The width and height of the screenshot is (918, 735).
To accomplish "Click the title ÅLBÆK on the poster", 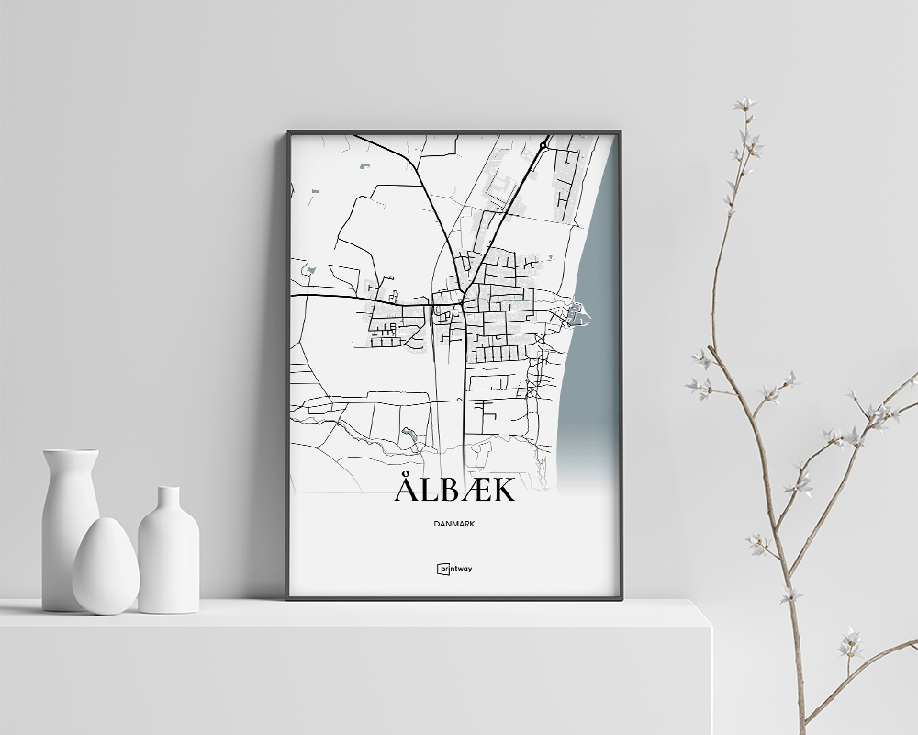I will click(454, 490).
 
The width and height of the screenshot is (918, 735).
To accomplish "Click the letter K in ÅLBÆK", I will click(502, 491).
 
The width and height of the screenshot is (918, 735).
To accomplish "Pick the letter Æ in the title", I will click(472, 491).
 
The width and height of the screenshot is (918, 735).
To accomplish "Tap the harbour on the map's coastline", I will click(578, 316).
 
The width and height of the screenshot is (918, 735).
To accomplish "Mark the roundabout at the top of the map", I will click(543, 145).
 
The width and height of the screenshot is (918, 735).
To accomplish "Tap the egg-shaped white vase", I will click(106, 566).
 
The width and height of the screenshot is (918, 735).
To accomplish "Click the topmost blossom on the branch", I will click(744, 105).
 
